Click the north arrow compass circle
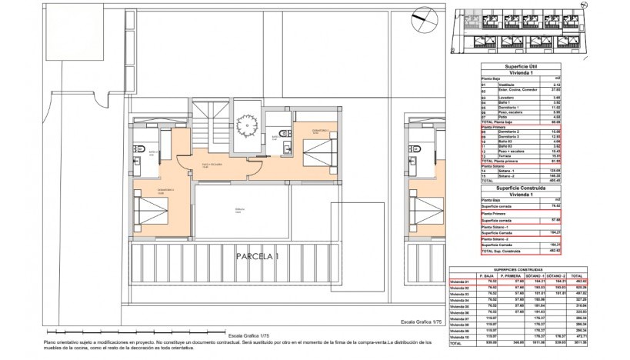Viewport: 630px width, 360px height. [422, 17]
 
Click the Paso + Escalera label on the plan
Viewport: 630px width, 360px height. [217, 165]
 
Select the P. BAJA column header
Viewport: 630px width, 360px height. [486, 275]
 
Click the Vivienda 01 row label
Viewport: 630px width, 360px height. [460, 282]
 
